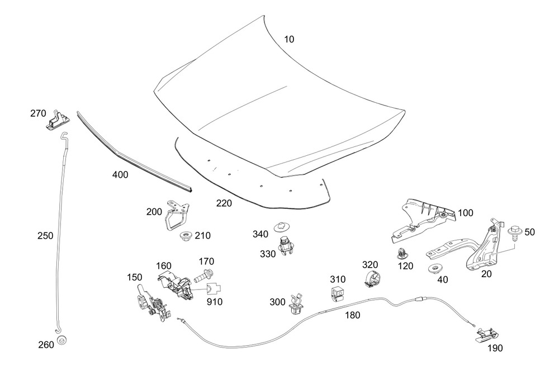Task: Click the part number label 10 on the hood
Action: (x=288, y=40)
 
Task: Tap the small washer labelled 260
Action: (x=63, y=339)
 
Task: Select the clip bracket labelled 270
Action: (x=57, y=119)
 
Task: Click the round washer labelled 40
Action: (x=434, y=270)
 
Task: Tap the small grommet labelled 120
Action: (x=401, y=253)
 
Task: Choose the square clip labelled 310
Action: (x=337, y=292)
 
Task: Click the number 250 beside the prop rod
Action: (x=45, y=236)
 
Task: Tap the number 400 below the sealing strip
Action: (x=120, y=175)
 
